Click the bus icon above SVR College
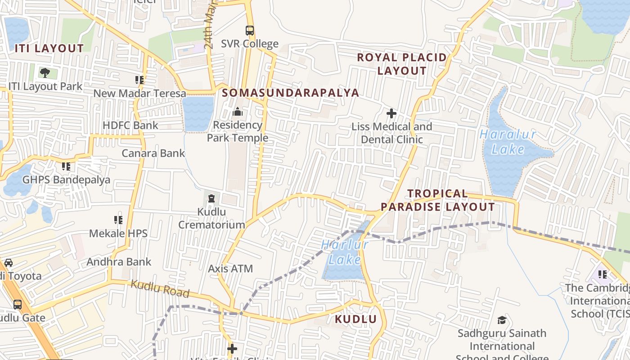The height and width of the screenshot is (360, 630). [249, 31]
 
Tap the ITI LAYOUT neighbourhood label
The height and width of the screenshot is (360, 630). [49, 48]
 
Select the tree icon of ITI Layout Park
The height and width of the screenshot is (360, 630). [45, 72]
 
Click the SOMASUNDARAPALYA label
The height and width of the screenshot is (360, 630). [291, 93]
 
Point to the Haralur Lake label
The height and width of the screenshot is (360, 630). [508, 142]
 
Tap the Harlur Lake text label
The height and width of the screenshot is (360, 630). [345, 252]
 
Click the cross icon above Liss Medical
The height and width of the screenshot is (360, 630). [391, 113]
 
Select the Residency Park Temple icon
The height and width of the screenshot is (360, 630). [237, 111]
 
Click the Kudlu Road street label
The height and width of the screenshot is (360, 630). [160, 289]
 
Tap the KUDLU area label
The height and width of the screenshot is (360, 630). [355, 319]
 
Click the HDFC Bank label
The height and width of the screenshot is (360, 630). [130, 125]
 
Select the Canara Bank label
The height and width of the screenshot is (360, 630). [153, 153]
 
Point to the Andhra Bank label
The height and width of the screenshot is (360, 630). [119, 262]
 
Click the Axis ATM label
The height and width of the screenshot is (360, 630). [230, 269]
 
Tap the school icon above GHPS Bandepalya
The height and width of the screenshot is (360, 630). [66, 166]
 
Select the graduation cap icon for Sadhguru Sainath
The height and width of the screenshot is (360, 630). [502, 320]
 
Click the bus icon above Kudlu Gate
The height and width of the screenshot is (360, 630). [18, 305]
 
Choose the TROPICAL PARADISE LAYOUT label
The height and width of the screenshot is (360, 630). [438, 200]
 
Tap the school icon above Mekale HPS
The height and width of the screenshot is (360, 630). [118, 220]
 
